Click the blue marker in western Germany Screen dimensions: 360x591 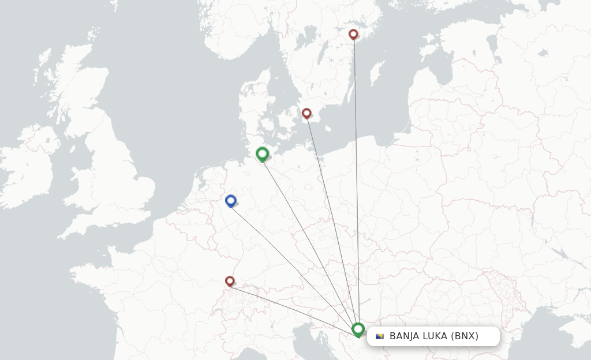(x=231, y=200)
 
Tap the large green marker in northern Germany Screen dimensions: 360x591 (x=262, y=153)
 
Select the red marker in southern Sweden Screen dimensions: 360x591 (x=306, y=113)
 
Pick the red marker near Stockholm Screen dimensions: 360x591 (x=353, y=34)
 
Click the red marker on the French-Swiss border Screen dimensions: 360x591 (x=230, y=281)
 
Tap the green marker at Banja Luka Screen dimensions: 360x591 (x=358, y=329)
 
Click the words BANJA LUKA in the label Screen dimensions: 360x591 (x=418, y=336)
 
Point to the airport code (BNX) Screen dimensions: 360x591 (x=465, y=336)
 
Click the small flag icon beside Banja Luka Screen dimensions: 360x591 (x=380, y=336)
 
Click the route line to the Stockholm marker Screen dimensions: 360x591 (x=356, y=173)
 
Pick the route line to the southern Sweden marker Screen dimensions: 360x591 (x=331, y=219)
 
